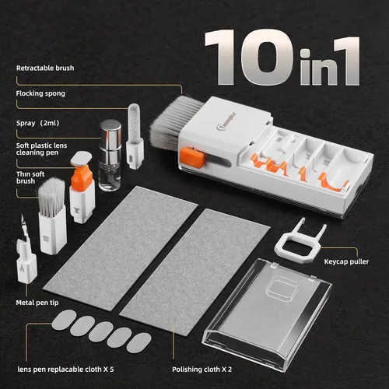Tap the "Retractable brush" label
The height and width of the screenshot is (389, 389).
click(x=46, y=68)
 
